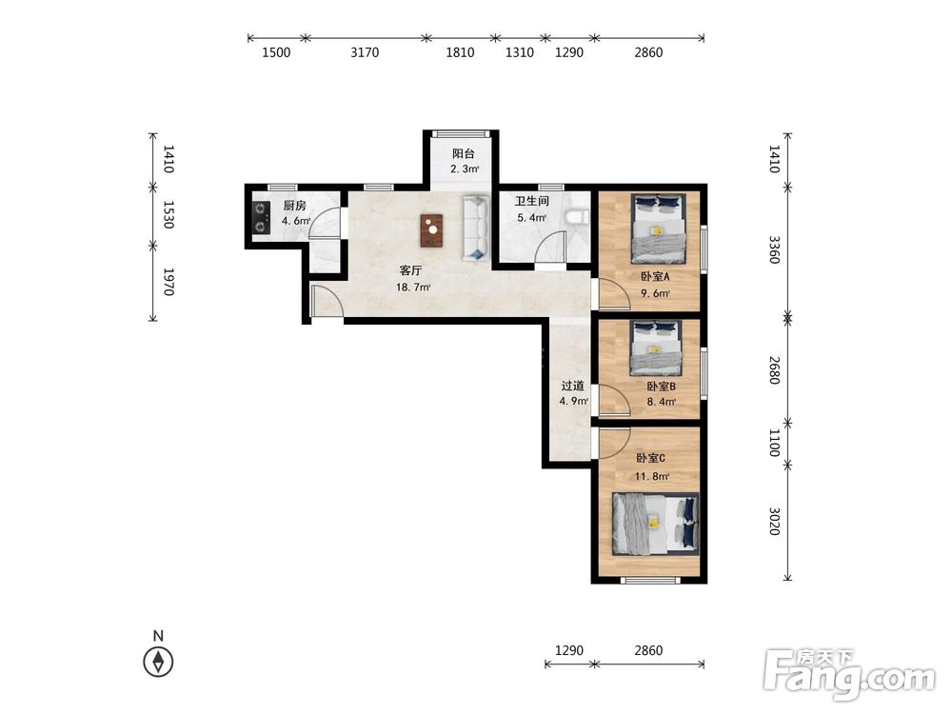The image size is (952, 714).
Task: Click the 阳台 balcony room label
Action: coord(464,154)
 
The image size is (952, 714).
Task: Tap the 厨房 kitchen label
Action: coord(294,206)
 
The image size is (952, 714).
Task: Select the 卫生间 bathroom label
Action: coord(532,201)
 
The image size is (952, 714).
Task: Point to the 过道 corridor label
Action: coord(572,386)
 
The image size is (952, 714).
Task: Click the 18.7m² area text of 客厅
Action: coord(413,288)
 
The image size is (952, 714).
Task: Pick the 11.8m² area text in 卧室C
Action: coord(652,477)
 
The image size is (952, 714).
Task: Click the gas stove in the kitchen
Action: coord(261,218)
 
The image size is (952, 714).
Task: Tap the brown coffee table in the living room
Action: coord(431,230)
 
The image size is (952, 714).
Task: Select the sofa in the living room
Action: coord(476,228)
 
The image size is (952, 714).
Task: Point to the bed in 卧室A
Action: coord(659,228)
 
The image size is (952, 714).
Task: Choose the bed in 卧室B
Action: coord(656,347)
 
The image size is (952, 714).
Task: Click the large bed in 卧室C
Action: coord(656,524)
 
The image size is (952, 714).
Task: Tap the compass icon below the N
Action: coord(158,662)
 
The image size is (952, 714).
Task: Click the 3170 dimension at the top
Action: coord(365,52)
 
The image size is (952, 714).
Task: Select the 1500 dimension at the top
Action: coord(276,52)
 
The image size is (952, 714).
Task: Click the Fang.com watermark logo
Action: coord(849,676)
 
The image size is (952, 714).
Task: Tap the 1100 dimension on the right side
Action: coord(774,444)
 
